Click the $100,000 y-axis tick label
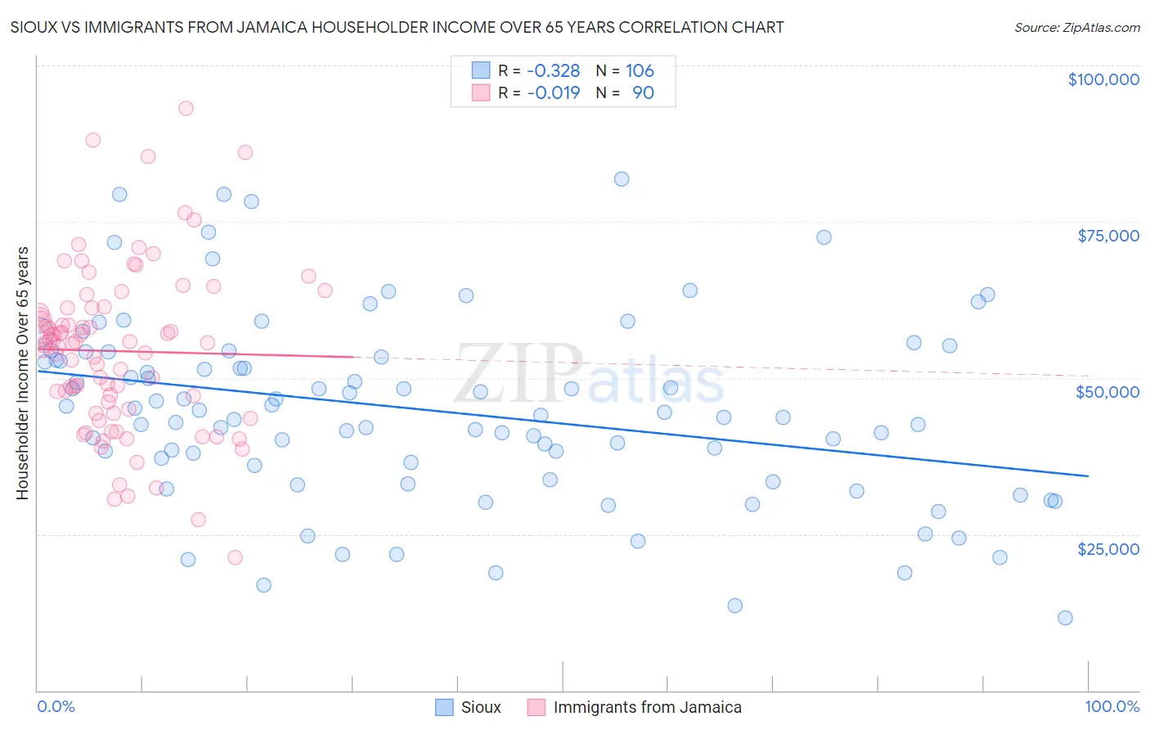tap(1103, 79)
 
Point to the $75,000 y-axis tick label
tap(1107, 236)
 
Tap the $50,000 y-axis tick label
tap(1107, 392)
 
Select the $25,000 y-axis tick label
tap(1107, 549)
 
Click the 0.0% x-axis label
tap(56, 707)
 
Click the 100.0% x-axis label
tap(1112, 707)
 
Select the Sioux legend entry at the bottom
tap(480, 708)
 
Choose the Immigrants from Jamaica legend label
tap(647, 708)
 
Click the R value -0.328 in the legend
tap(553, 71)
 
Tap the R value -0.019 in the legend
tap(553, 93)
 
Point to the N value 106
tap(640, 71)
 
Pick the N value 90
tap(643, 93)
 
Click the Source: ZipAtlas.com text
tap(1076, 28)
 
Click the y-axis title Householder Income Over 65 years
tap(23, 373)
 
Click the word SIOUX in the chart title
tap(34, 28)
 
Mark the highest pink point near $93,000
tap(186, 108)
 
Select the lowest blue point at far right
tap(1065, 618)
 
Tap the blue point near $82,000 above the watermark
tap(622, 179)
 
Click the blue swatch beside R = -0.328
tap(480, 71)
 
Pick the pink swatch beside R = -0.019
tap(480, 93)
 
